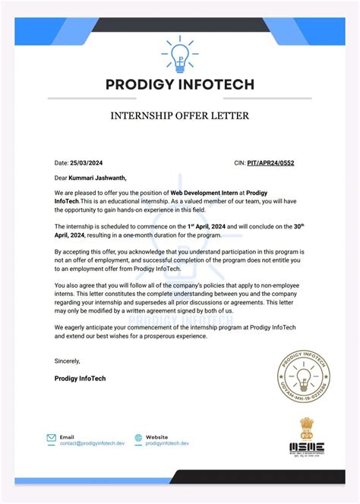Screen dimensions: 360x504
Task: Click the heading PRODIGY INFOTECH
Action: (179, 84)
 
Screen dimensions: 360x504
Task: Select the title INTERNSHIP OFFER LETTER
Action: (179, 116)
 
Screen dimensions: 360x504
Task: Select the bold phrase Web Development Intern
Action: (204, 194)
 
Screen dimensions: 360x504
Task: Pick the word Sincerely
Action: (68, 361)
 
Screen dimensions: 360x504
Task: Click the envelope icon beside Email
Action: (51, 438)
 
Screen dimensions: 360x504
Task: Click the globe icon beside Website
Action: (138, 438)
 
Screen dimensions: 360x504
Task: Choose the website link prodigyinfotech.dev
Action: (167, 443)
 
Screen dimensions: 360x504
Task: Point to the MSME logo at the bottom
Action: (306, 448)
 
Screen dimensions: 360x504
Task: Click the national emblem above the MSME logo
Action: (307, 424)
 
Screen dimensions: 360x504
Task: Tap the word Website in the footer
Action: (156, 436)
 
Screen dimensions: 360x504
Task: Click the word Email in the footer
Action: (67, 436)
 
